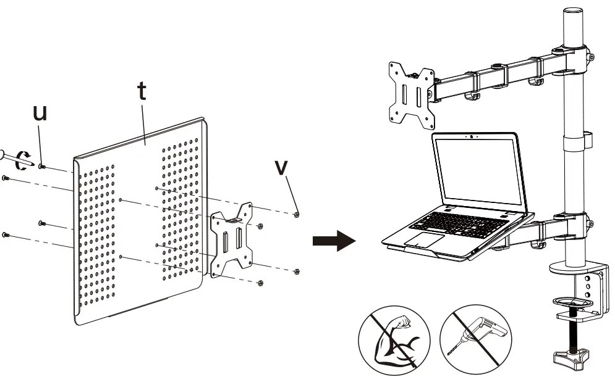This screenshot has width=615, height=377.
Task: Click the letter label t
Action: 142,91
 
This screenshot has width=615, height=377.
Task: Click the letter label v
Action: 282,168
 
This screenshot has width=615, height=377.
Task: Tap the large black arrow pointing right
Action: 334,241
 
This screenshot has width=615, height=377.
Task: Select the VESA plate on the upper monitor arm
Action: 410,95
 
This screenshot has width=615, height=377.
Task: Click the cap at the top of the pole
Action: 574,13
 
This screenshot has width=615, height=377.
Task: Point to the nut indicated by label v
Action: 297,214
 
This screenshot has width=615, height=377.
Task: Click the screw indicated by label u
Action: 42,166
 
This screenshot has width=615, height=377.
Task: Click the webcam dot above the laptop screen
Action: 472,136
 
